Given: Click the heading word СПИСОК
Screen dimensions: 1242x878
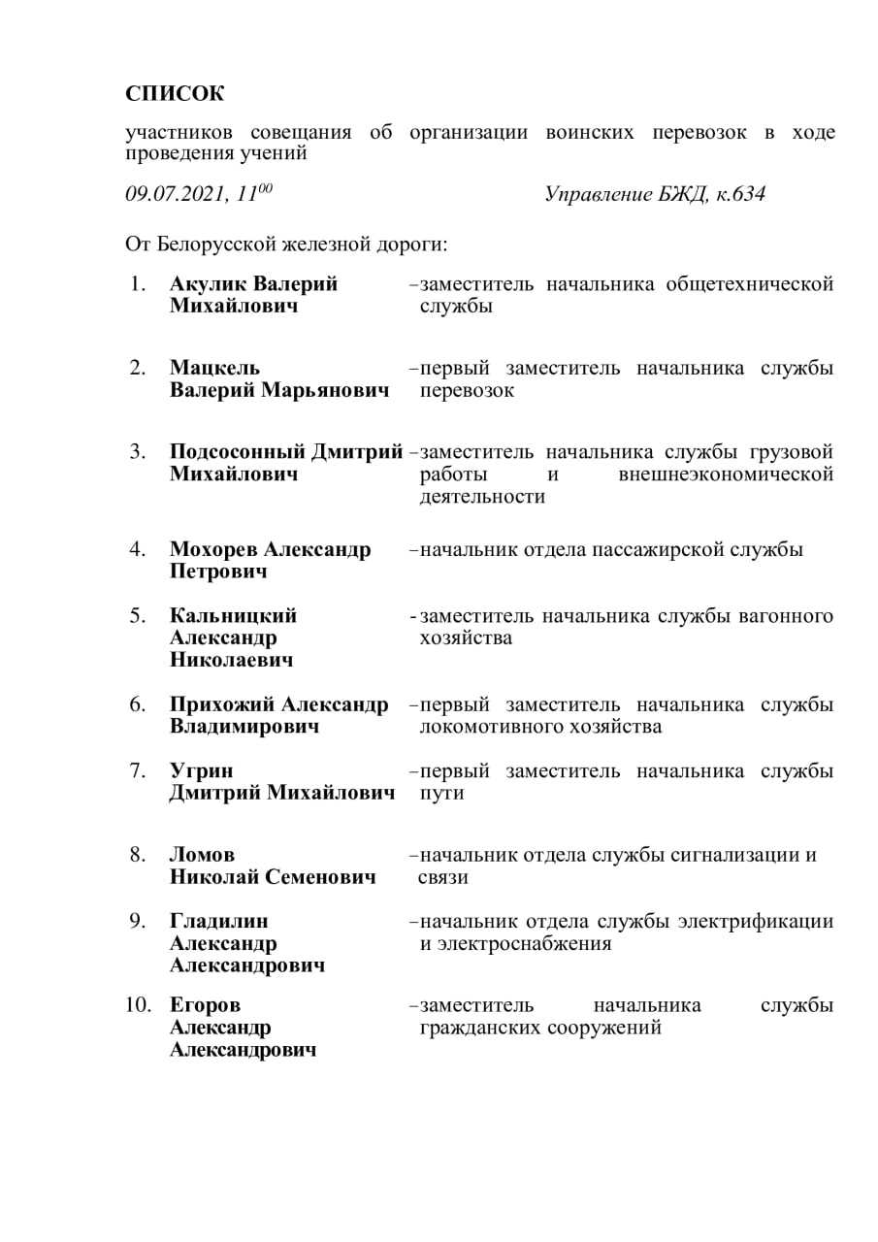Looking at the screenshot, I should (175, 94).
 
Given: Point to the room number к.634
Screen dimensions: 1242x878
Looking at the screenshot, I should (740, 194).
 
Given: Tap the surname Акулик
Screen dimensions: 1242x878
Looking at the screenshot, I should (208, 284).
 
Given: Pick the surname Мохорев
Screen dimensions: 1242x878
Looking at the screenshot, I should (214, 550).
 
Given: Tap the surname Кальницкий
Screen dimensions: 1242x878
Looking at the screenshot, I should (233, 616).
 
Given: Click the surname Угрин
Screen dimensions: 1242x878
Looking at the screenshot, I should (201, 771).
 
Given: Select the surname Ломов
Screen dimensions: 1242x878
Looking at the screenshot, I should (202, 855).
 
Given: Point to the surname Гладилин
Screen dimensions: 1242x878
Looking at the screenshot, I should (219, 921).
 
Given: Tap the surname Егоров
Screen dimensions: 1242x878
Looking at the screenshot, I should (205, 1005).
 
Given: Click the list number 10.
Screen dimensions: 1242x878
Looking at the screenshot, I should (138, 1005).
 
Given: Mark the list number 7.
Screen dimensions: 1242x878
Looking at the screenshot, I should (138, 771).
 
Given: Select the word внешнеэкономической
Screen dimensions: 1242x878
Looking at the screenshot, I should (726, 474).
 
